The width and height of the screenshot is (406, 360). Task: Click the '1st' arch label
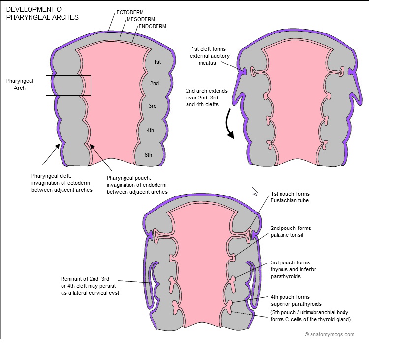click(x=157, y=62)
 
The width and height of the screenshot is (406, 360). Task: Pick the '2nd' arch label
click(x=155, y=83)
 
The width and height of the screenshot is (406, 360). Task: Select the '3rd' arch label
click(x=153, y=106)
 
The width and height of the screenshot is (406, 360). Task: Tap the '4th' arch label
click(x=150, y=130)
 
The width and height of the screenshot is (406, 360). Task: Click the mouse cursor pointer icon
click(x=254, y=191)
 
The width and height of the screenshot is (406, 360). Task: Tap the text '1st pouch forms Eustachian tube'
click(x=290, y=197)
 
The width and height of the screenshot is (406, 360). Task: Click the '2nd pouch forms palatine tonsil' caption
click(x=290, y=231)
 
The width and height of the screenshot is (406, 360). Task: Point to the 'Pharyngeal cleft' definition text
click(x=62, y=183)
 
